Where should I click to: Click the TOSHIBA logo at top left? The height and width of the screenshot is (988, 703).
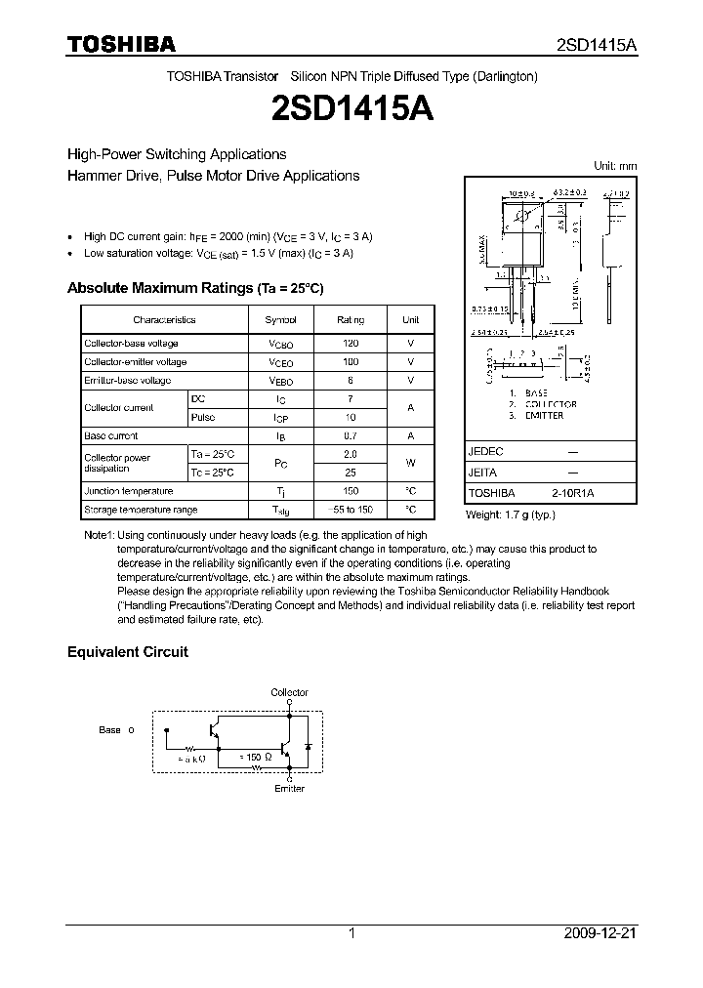point(121,45)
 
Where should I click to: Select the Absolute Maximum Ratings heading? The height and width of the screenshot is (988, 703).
point(194,289)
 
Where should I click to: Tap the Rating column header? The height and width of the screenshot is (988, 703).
point(351,319)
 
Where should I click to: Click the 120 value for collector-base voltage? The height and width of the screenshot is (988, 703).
point(351,344)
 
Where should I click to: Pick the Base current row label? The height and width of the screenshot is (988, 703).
point(111,435)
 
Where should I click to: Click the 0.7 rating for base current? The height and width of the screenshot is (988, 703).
point(351,435)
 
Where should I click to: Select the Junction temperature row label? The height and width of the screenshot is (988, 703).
point(129,491)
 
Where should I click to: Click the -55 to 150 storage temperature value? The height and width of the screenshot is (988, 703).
point(351,510)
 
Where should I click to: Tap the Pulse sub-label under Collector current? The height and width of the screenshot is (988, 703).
point(203,417)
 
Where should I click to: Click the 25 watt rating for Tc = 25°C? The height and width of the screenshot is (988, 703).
point(351,473)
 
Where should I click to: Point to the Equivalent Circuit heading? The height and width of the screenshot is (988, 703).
point(127,652)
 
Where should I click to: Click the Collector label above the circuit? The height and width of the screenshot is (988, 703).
point(289,692)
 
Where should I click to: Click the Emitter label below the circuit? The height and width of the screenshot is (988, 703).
point(289,788)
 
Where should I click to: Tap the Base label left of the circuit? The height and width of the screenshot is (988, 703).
point(110,729)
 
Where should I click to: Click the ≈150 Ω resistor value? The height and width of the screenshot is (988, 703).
point(258,756)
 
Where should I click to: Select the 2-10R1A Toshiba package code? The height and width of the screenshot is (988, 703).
point(572,494)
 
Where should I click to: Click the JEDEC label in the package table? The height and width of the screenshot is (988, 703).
point(485,453)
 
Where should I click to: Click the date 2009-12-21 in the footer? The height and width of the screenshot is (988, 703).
point(600,933)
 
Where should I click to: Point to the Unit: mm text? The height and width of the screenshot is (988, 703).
point(615,166)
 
